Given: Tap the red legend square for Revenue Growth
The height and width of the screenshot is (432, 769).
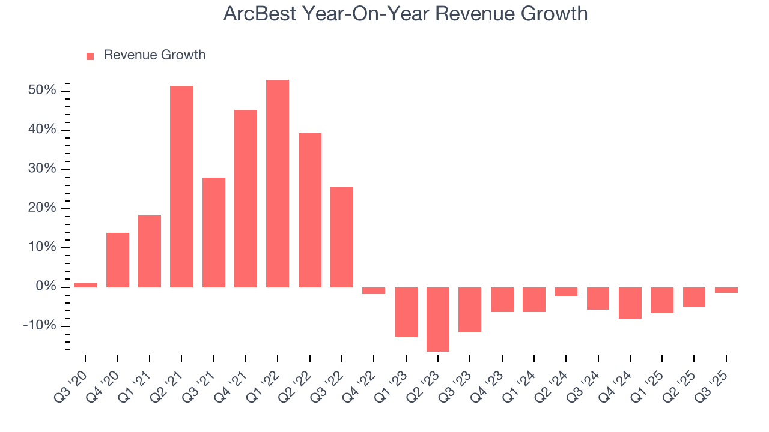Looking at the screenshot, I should click(90, 56).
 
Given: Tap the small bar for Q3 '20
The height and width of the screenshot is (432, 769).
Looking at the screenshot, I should click(85, 285).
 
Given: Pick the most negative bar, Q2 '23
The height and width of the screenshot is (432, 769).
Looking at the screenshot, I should click(438, 319).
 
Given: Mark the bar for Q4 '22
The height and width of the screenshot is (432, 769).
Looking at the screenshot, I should click(374, 290).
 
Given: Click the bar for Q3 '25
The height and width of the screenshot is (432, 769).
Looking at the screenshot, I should click(726, 290).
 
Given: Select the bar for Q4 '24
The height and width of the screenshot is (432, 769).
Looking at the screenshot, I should click(630, 302).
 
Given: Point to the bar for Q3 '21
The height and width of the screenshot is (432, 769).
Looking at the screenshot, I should click(214, 232).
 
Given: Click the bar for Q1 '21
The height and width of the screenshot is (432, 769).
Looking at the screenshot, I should click(150, 251).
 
